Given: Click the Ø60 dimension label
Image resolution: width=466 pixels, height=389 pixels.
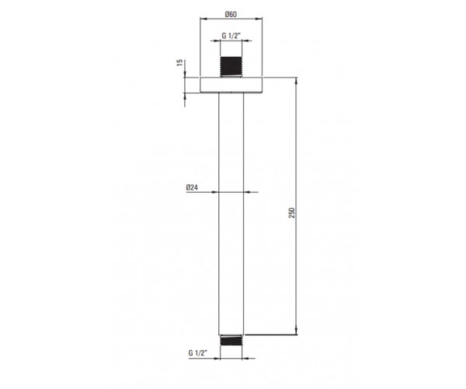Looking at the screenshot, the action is pos(231,14).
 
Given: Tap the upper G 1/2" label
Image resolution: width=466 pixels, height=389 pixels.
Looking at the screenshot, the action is pos(231,36).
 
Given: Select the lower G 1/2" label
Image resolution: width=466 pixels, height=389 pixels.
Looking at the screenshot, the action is pos(197,353).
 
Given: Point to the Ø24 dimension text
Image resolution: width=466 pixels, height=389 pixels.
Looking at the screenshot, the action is pos(192,187).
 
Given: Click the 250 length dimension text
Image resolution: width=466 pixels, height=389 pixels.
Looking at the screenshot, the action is pos(292,213).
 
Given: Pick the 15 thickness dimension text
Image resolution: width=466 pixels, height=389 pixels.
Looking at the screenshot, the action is pos(180,62).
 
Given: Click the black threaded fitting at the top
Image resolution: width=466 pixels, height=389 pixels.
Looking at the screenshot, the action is pos(231,67).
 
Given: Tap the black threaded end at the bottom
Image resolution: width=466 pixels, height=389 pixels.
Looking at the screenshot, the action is pos(231,341).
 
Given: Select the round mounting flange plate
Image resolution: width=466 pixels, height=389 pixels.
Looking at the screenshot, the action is pos(231,85).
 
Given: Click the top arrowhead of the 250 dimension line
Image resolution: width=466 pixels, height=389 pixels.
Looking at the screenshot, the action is pos(297,81).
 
